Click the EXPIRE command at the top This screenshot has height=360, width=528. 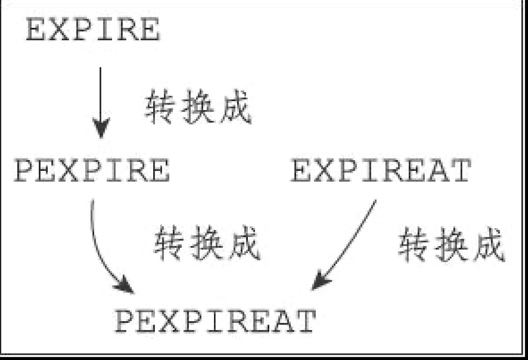pyautogui.click(x=93, y=30)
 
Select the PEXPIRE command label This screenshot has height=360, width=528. pyautogui.click(x=92, y=171)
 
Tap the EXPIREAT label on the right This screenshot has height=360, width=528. pyautogui.click(x=381, y=171)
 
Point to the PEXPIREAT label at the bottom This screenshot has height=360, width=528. pyautogui.click(x=215, y=321)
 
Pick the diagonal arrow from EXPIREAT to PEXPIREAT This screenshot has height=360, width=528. pyautogui.click(x=348, y=241)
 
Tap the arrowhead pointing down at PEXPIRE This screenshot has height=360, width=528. pyautogui.click(x=101, y=129)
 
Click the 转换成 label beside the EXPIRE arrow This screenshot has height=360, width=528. pyautogui.click(x=198, y=107)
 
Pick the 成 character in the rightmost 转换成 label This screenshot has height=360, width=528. pyautogui.click(x=487, y=244)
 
